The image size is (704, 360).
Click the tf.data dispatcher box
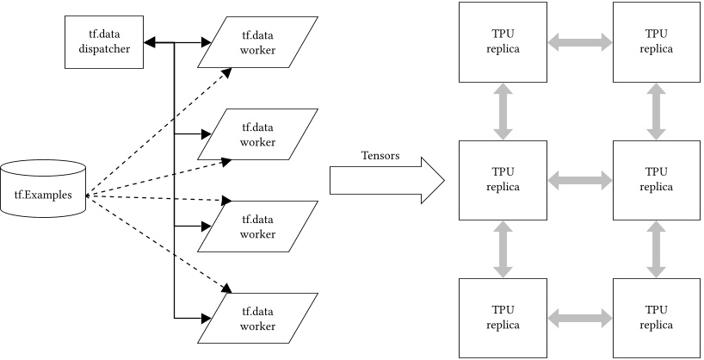tap(102, 43)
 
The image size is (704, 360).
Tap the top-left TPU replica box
tap(503, 40)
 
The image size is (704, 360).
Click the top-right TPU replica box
tap(655, 40)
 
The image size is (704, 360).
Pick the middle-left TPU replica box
tap(503, 179)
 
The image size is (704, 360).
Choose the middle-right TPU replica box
tap(655, 179)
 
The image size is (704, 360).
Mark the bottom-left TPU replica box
tap(503, 317)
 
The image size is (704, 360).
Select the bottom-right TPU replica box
tap(655, 317)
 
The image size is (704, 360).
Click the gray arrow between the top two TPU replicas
tap(578, 41)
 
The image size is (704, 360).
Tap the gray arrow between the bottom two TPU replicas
tap(578, 318)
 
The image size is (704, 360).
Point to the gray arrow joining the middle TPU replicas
tap(578, 180)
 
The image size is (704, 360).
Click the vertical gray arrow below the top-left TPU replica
tap(503, 110)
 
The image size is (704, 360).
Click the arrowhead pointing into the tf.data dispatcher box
tap(148, 41)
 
